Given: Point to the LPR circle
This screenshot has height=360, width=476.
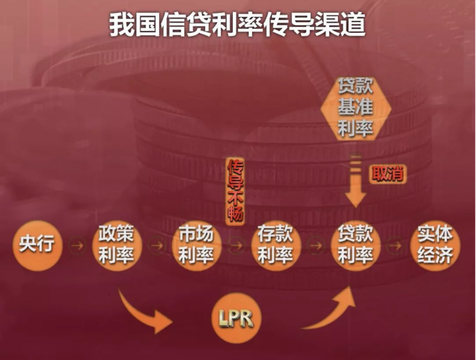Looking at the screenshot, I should pos(236,318).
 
